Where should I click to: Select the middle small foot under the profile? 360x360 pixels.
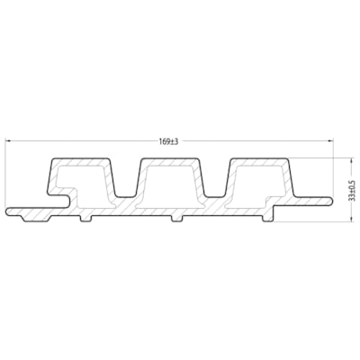[x=176, y=219]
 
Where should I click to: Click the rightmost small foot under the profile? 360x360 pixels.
[x=267, y=219]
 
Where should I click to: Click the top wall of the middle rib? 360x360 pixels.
[x=172, y=161]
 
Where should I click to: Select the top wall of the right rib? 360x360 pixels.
[x=261, y=161]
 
